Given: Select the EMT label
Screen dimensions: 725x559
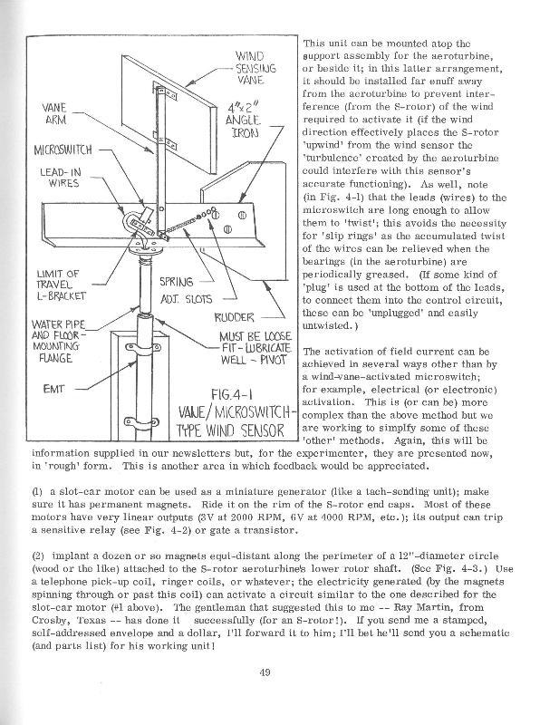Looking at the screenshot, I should click(x=55, y=387).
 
